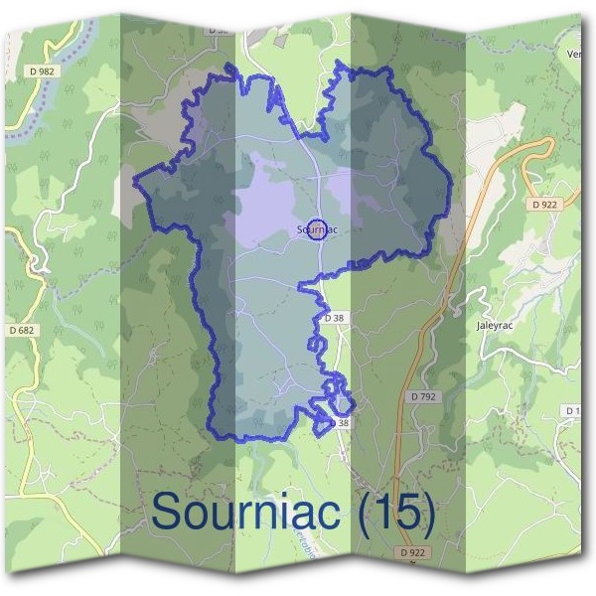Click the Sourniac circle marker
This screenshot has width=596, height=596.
point(317,229)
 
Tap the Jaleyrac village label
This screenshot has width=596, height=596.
point(494,324)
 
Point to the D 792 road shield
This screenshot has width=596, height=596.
point(423,396)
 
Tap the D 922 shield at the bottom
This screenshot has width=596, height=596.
point(415,551)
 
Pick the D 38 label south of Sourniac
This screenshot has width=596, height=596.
point(334,318)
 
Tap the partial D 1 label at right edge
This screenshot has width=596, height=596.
point(573,410)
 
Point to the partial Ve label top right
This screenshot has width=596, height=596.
point(572,54)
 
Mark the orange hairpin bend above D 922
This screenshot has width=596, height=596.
point(542,149)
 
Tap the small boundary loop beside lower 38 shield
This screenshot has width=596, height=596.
point(343,402)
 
